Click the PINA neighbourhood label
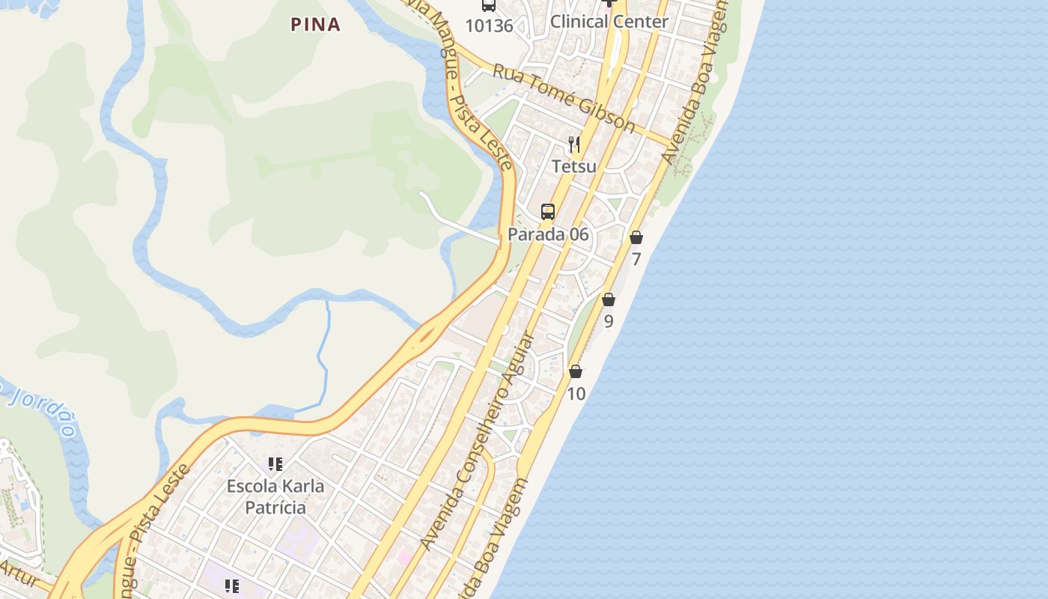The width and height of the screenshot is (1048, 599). tap(315, 25)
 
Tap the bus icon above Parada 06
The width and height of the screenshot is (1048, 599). tap(548, 212)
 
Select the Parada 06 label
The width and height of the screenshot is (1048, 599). tap(548, 234)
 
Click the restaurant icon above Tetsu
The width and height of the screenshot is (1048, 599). tap(574, 144)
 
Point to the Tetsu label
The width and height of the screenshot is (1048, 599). tap(574, 166)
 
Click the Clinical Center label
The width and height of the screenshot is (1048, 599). tap(609, 22)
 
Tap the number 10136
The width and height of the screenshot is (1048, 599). tap(489, 26)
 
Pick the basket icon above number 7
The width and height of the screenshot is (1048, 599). tap(636, 238)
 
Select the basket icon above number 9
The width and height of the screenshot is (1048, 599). tap(609, 299)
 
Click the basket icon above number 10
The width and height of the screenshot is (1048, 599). tap(576, 371)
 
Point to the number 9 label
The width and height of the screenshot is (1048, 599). tap(609, 322)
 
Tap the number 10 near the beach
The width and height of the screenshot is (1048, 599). tap(576, 394)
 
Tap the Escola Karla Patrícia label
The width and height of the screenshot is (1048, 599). tap(275, 496)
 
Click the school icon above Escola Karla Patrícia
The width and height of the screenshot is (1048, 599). tap(275, 464)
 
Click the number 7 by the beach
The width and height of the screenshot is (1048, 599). tap(636, 260)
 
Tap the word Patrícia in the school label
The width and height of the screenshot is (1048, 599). tap(275, 508)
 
